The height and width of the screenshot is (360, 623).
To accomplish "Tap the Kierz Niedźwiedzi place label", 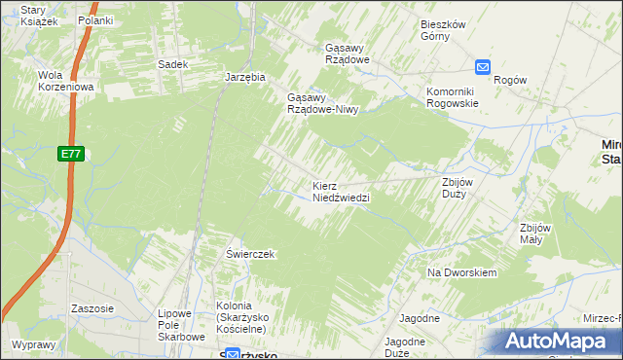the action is (x=341, y=191).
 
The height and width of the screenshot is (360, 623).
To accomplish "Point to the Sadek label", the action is (x=172, y=64).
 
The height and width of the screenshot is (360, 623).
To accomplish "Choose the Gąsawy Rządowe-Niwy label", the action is (x=323, y=103).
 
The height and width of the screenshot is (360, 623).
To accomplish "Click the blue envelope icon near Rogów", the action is (x=484, y=66).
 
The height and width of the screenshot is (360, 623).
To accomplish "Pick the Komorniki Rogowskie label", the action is (x=453, y=97).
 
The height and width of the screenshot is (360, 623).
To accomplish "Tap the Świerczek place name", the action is (x=251, y=254).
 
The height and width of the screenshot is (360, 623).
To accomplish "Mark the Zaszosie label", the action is (x=92, y=308).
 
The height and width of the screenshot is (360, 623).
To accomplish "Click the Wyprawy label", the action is (x=34, y=344).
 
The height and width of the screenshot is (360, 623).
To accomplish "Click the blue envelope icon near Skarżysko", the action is (x=233, y=355).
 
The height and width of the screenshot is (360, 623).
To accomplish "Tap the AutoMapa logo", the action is (x=556, y=341).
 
